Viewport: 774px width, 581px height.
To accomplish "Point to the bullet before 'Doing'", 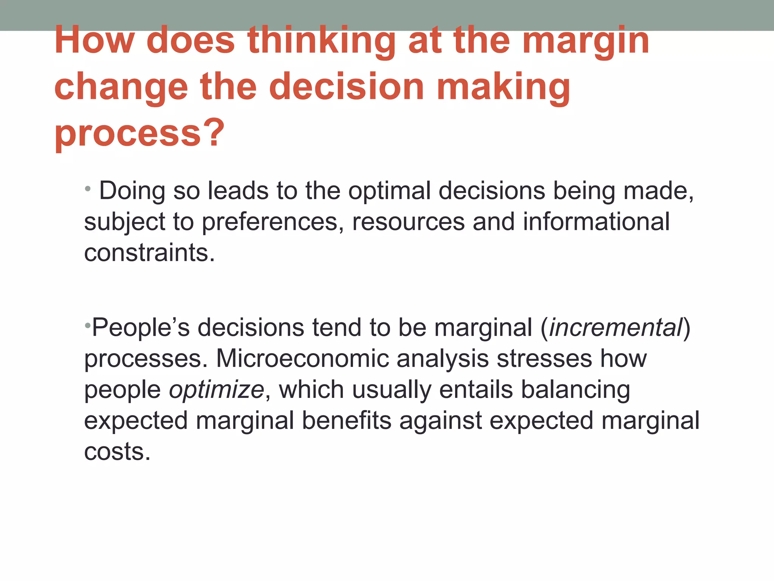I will [88, 188].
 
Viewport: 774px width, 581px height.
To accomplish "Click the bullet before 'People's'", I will [87, 325].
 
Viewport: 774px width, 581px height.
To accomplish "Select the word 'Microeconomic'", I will [302, 358].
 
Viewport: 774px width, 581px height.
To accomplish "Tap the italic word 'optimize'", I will [216, 389].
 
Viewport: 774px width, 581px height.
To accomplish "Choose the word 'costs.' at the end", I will [117, 451].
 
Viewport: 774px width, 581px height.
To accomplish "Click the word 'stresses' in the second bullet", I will [544, 358].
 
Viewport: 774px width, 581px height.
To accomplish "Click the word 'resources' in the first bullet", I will [409, 222].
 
